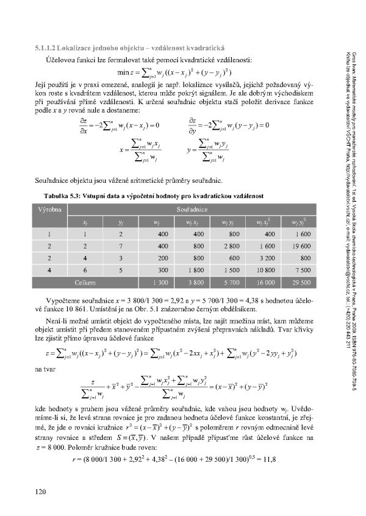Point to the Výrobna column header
(x=49, y=209)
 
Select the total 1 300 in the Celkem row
(x=161, y=283)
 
